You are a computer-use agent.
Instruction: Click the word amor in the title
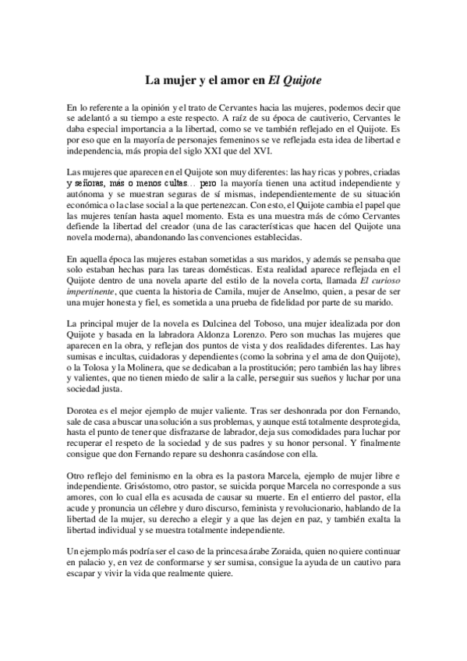233,80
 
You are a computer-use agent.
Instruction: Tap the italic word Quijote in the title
295,80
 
